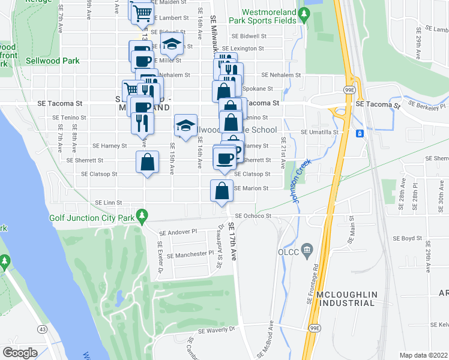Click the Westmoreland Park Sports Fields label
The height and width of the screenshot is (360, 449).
[x=268, y=16]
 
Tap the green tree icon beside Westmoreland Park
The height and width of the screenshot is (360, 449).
[x=305, y=14]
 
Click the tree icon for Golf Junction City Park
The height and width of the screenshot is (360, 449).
[x=142, y=214]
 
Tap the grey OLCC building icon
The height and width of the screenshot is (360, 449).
[x=307, y=248]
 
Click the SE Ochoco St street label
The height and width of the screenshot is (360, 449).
[x=253, y=215]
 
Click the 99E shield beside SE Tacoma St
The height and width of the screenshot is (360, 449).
[x=349, y=90]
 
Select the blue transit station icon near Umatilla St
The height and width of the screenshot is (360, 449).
[x=360, y=133]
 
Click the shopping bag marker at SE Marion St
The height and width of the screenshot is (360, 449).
[x=222, y=191]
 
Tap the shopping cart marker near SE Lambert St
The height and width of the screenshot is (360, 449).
[x=142, y=12]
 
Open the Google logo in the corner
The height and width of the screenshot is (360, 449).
[x=20, y=352]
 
